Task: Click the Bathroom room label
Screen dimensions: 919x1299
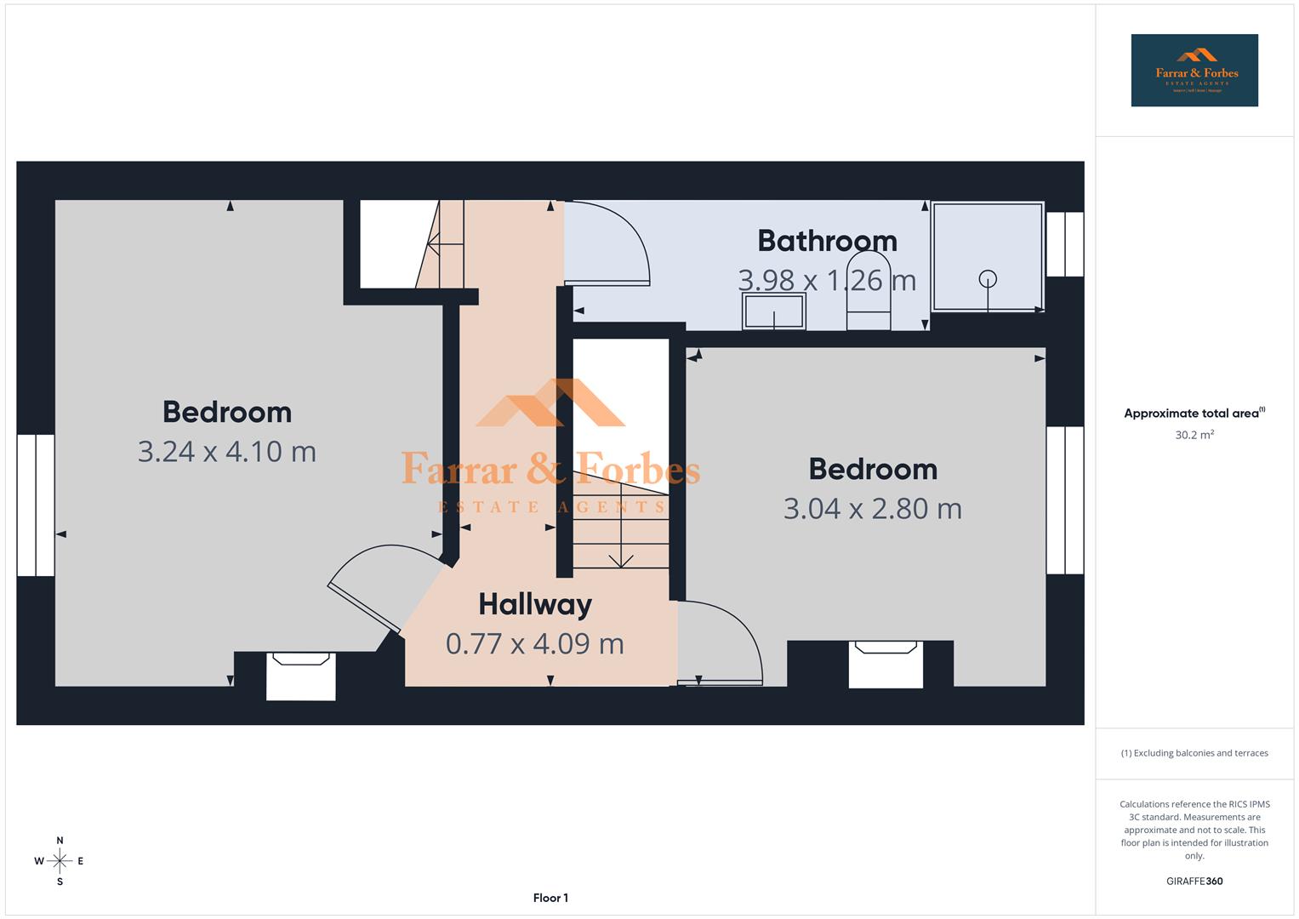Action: click(827, 241)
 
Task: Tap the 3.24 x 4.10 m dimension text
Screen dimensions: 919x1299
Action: click(227, 451)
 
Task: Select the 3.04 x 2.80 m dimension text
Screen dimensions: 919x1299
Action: click(872, 509)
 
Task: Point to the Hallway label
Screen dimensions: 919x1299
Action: click(535, 604)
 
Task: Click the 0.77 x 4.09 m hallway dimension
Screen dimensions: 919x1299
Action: click(535, 643)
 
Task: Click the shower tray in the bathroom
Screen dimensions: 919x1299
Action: click(987, 257)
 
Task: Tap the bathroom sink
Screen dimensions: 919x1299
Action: click(773, 311)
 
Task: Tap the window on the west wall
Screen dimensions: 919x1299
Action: click(36, 505)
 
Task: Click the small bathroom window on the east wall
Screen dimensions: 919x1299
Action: click(1064, 244)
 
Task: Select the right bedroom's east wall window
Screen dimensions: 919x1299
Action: click(1064, 499)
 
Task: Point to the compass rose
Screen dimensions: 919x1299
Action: click(60, 861)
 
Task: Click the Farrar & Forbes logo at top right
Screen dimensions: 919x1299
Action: click(1194, 71)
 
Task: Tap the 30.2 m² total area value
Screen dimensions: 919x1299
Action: click(1194, 435)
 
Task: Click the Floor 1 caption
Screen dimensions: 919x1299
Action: click(550, 898)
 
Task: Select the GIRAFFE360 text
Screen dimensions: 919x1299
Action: click(1194, 881)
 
